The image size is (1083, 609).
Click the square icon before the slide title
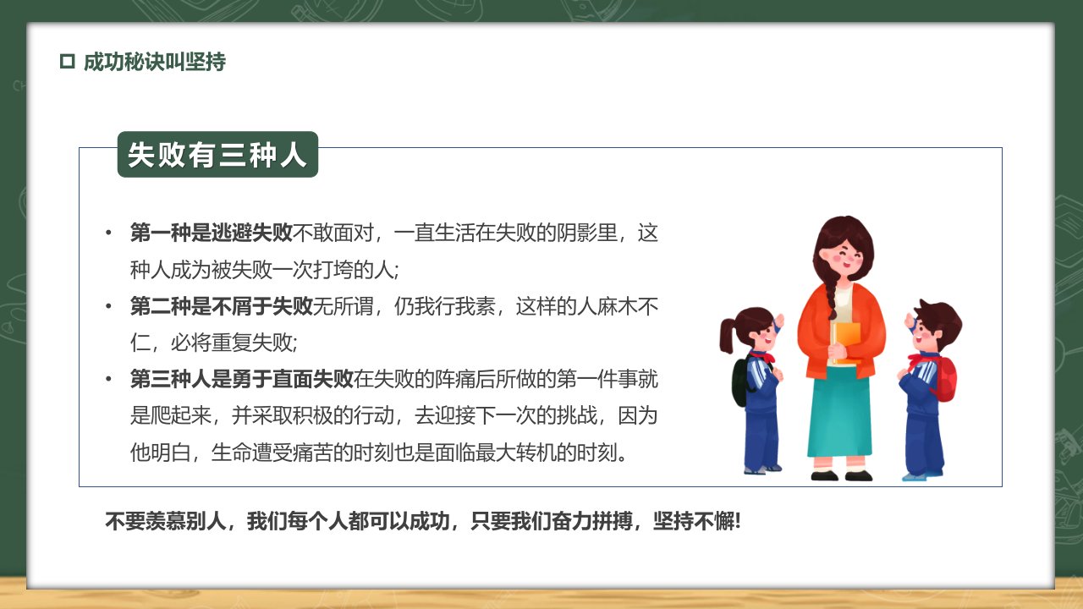click(67, 62)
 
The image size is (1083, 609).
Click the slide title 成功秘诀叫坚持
click(155, 62)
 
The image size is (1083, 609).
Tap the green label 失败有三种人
click(217, 155)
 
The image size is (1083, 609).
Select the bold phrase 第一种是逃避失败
click(212, 233)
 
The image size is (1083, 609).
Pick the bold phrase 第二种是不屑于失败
click(222, 306)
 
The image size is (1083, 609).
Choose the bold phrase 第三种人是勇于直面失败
click(242, 379)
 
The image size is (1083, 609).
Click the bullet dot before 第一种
click(108, 233)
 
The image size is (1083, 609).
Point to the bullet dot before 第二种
click(108, 306)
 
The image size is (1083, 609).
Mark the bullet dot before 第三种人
click(108, 379)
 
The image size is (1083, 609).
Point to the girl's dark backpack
click(740, 381)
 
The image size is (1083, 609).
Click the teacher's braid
click(831, 296)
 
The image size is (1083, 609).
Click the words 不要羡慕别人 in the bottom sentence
click(166, 521)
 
